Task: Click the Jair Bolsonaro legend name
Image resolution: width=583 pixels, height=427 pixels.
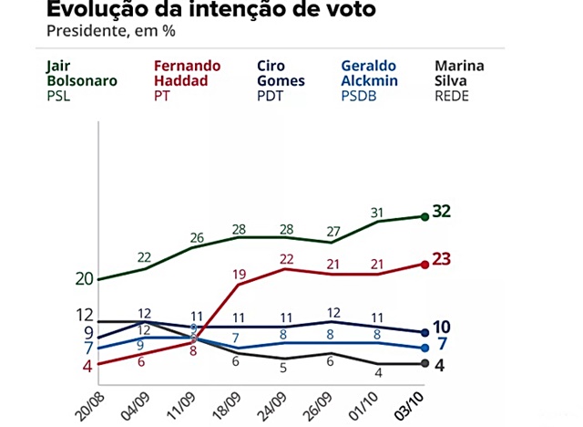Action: (81, 73)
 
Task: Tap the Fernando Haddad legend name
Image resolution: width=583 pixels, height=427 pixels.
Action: (187, 73)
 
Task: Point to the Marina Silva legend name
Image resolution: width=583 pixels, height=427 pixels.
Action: (459, 73)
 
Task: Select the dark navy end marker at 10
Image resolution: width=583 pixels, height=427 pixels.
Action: (424, 332)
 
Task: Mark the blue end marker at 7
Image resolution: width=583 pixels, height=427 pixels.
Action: (424, 348)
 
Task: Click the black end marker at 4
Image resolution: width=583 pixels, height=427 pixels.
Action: (424, 363)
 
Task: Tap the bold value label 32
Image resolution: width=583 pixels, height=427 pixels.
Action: (443, 212)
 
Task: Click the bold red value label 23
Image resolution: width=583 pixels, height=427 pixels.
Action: (443, 259)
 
